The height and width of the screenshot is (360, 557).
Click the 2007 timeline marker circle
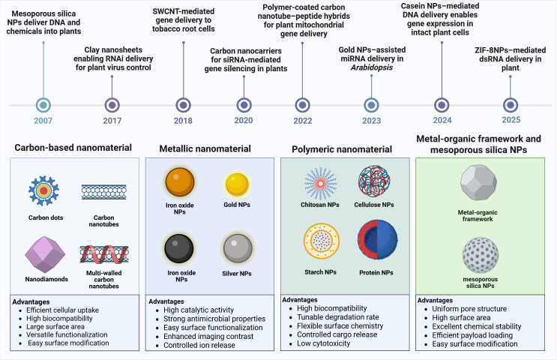[x=43, y=105]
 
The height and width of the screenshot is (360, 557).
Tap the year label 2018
[x=183, y=121]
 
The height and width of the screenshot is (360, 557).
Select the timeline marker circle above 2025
[x=511, y=105]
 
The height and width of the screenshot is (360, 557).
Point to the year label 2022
[x=303, y=121]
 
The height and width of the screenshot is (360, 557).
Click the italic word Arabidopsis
[x=372, y=67]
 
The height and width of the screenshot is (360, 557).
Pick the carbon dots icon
[x=43, y=190]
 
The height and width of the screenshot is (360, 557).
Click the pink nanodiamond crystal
[x=45, y=254]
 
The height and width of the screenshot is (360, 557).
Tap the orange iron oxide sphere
[x=180, y=182]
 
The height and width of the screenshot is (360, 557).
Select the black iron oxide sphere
[x=179, y=248]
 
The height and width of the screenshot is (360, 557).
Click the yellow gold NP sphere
[x=237, y=184]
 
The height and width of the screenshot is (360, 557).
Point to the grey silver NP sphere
[x=238, y=248]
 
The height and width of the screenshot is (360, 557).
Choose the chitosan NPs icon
[x=320, y=184]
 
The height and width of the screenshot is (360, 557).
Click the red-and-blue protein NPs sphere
[x=377, y=240]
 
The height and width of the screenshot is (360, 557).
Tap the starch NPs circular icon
[x=322, y=241]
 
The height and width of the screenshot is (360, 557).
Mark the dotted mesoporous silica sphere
[x=481, y=255]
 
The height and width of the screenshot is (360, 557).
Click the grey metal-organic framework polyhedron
[x=478, y=182]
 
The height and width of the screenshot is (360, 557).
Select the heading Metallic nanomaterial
[x=205, y=148]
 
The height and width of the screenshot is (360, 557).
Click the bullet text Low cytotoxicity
[x=324, y=343]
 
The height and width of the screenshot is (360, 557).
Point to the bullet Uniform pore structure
[x=469, y=309]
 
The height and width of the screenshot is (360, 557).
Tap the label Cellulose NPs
[x=374, y=205]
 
